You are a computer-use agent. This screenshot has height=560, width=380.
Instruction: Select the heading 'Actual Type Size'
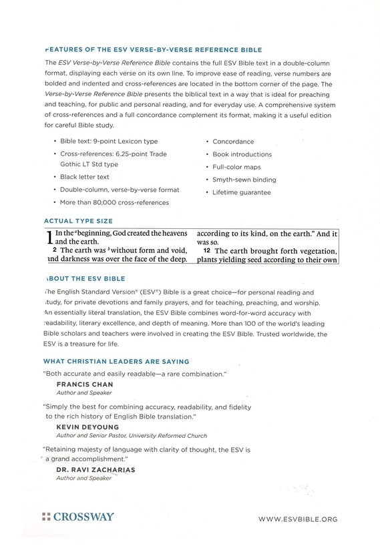click(x=78, y=220)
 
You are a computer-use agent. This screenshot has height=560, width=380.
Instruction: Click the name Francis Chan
click(x=84, y=384)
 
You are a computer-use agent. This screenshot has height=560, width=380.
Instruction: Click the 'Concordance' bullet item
click(x=233, y=142)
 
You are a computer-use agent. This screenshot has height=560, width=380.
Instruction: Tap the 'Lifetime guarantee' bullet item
click(x=242, y=192)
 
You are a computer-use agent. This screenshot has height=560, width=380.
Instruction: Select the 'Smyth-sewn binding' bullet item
click(x=244, y=180)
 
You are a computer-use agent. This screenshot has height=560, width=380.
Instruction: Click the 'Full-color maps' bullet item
click(x=237, y=167)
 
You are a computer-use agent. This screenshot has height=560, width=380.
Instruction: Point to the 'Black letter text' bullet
click(x=84, y=177)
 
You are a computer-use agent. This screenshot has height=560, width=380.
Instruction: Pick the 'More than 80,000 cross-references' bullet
click(x=114, y=202)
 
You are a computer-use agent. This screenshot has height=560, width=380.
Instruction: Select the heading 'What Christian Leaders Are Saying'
click(x=116, y=361)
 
